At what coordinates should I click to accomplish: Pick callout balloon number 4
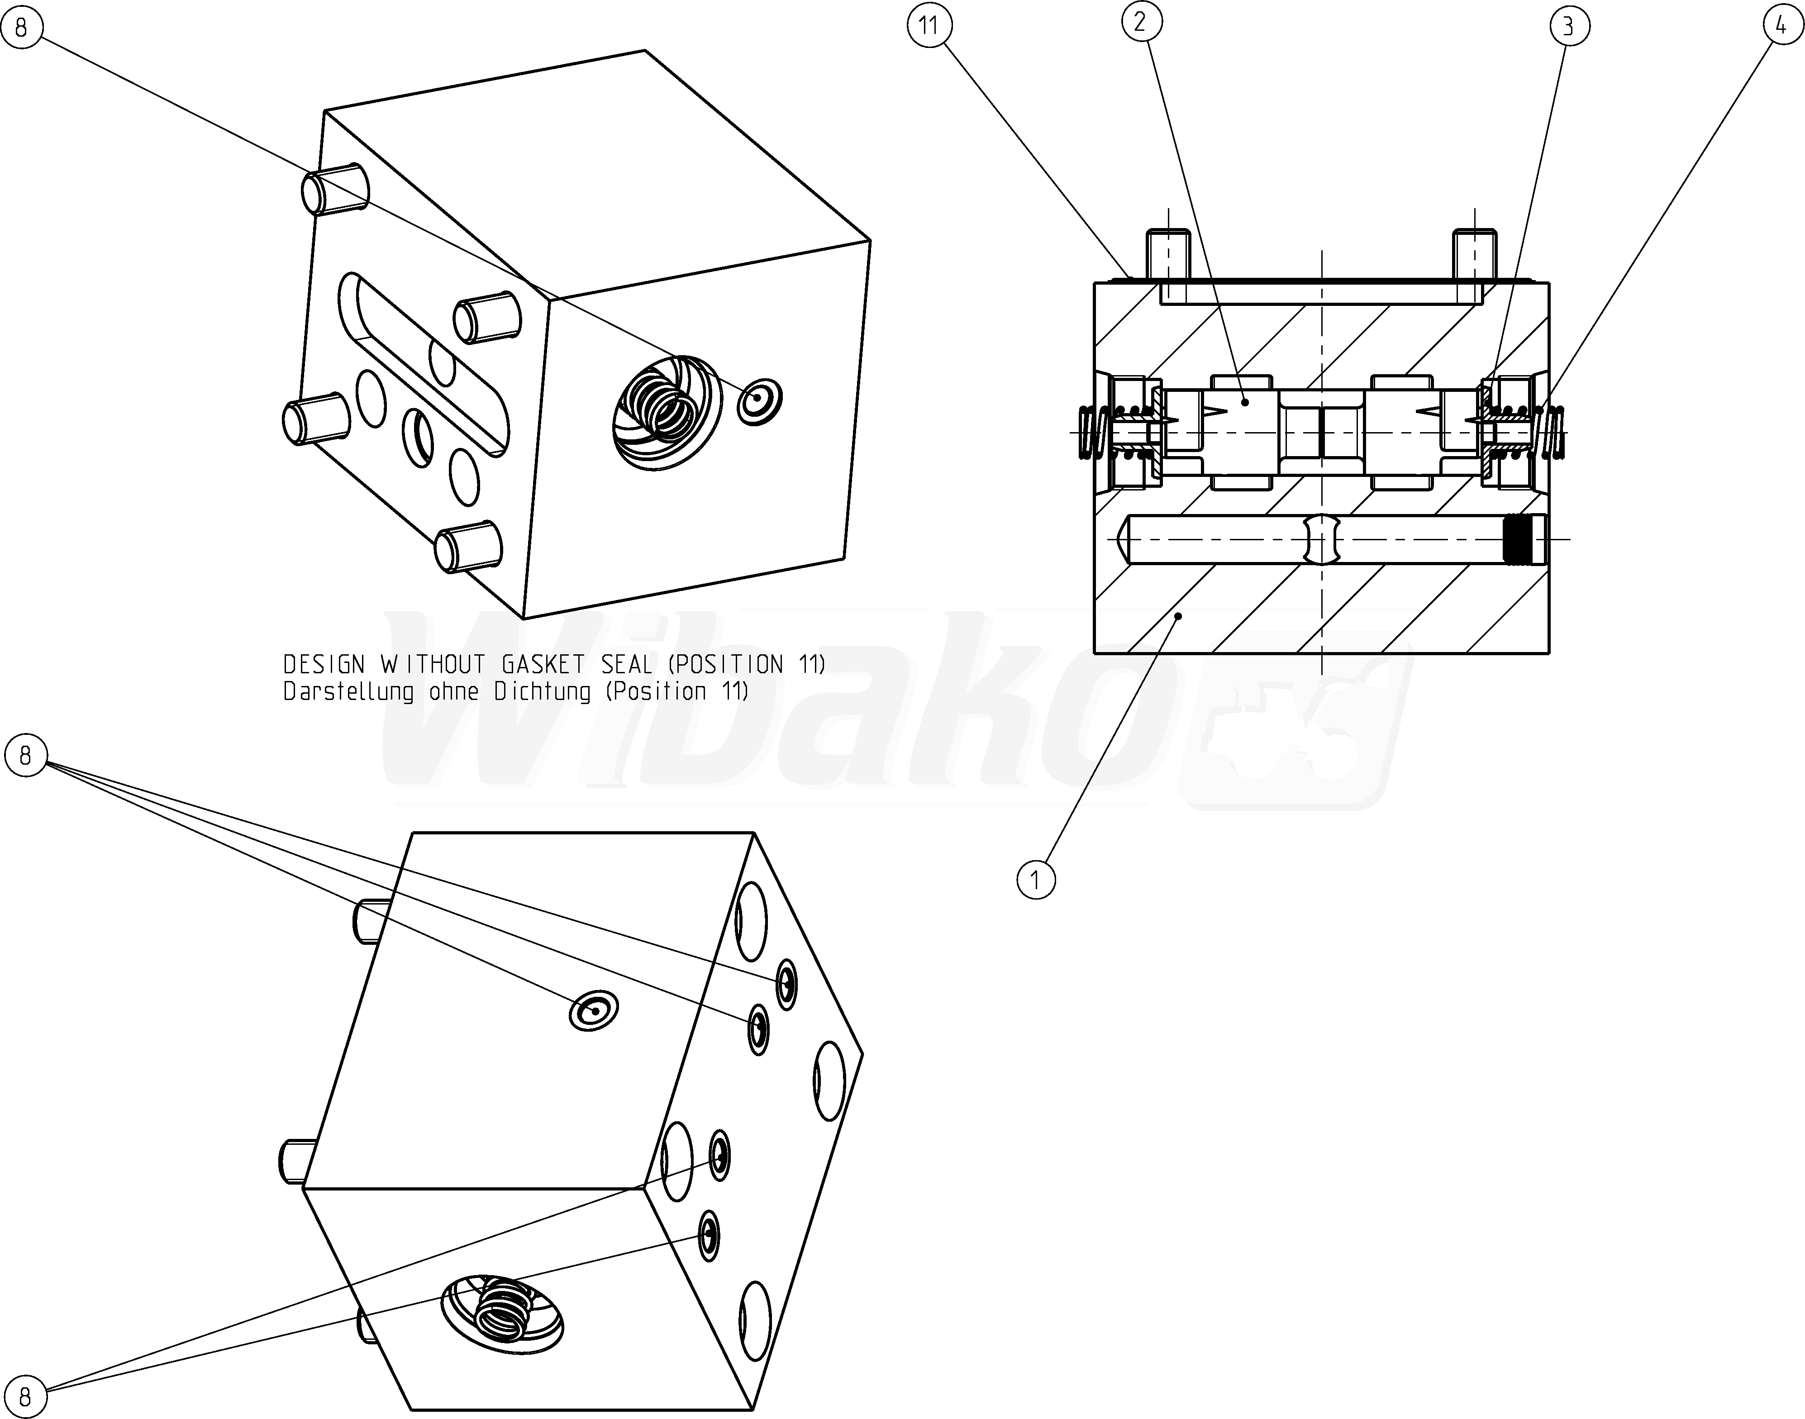[x=1781, y=27]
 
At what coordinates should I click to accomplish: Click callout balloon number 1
[x=1036, y=879]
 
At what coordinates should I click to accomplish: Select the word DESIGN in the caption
[x=324, y=665]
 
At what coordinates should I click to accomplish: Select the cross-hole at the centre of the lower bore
[x=1322, y=540]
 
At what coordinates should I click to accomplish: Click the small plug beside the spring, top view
[x=759, y=403]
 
